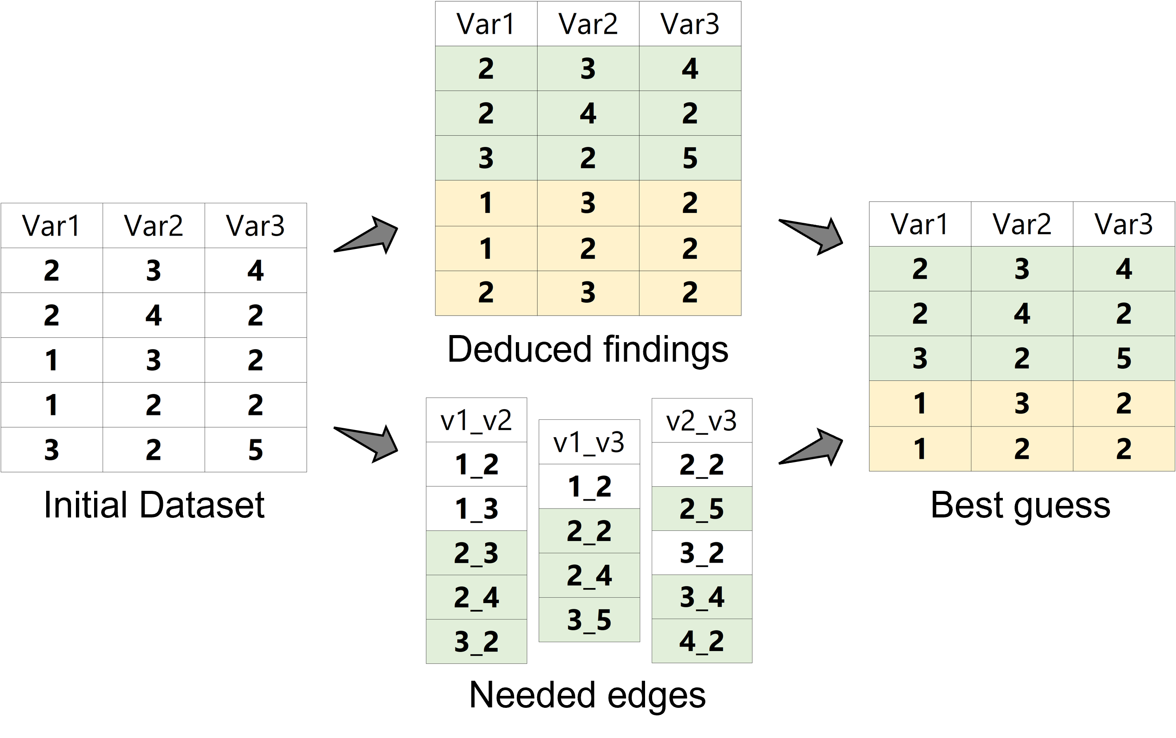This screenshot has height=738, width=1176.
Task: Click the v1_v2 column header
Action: (x=476, y=420)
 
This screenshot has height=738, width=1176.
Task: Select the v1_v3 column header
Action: (x=589, y=442)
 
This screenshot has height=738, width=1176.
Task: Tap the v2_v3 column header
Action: (x=701, y=421)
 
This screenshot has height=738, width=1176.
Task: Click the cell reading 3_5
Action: (x=589, y=620)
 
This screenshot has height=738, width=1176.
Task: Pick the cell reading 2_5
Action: (x=701, y=509)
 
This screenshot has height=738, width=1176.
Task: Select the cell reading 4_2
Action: (x=701, y=641)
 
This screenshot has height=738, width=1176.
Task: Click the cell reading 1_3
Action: (x=476, y=509)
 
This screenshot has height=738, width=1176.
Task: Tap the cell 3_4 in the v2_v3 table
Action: (x=701, y=597)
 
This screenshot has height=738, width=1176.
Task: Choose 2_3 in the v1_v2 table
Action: (x=476, y=553)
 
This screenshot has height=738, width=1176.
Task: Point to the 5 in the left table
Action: (x=255, y=450)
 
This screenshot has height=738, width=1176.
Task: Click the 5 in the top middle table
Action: (x=690, y=158)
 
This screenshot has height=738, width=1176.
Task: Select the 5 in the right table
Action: (x=1123, y=358)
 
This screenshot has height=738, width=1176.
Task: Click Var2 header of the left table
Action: (x=153, y=225)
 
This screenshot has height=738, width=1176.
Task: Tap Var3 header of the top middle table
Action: (x=690, y=24)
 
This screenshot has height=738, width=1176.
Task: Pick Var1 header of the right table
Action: (x=919, y=224)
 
